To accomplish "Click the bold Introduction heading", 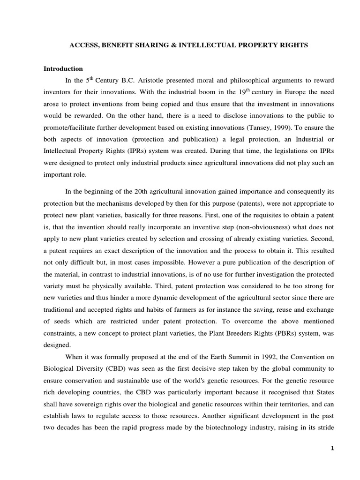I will pyautogui.click(x=63, y=69).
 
